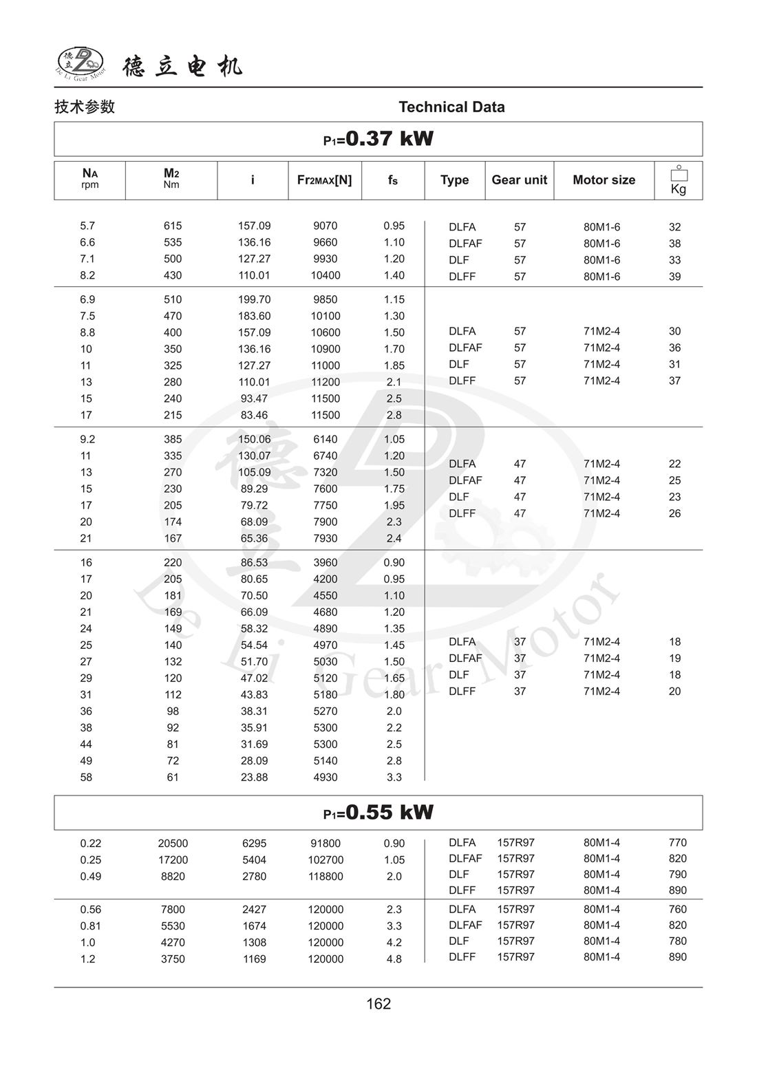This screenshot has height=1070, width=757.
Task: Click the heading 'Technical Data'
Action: click(451, 107)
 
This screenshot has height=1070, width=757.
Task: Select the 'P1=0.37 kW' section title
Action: click(378, 139)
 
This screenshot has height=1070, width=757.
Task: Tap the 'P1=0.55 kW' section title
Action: click(378, 813)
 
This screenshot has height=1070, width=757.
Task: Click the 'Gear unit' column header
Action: click(519, 180)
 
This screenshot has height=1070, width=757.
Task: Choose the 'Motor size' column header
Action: click(604, 180)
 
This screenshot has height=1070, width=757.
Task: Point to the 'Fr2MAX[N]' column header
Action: click(324, 180)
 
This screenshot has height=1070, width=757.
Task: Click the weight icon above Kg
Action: click(678, 173)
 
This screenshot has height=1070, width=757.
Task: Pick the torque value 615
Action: click(173, 226)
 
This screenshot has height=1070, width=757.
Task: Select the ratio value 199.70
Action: click(254, 299)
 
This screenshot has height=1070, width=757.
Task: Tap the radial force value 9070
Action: click(325, 226)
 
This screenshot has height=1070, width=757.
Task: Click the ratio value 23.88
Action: click(254, 777)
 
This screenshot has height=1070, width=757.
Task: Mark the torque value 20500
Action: click(173, 843)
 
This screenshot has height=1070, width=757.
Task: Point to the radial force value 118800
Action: click(325, 876)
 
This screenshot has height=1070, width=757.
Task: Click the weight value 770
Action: click(677, 842)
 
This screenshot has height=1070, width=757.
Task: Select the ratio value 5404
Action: click(254, 859)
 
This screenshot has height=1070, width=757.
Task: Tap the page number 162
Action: click(378, 1004)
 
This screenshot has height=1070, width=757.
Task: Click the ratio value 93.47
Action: click(254, 398)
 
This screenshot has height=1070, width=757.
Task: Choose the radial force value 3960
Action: click(325, 562)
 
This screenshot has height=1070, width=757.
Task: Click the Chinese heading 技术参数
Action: click(85, 107)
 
